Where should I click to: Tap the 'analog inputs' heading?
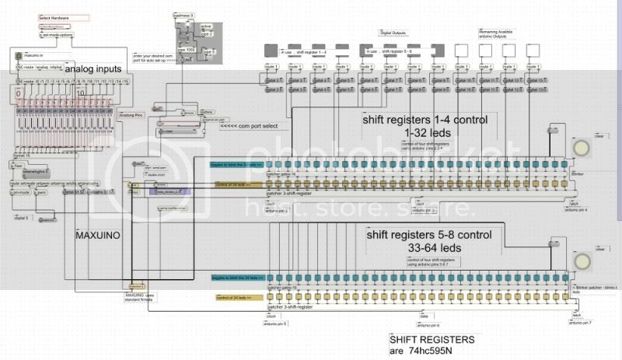[x=94, y=70]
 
